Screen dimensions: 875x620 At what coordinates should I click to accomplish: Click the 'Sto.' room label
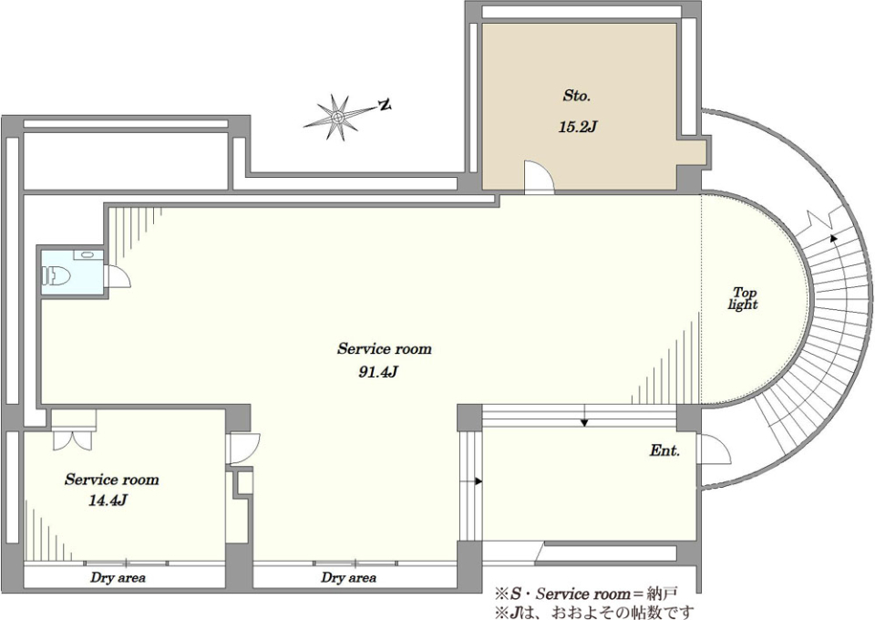[x=576, y=96]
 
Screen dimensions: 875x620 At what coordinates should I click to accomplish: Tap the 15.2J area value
[x=578, y=128]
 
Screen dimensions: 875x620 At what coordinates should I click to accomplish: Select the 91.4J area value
[x=377, y=372]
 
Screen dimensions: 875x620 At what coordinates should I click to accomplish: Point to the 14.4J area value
[x=108, y=500]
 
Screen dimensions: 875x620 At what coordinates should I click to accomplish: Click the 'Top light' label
[x=744, y=298]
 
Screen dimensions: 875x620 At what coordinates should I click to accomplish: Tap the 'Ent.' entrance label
[x=664, y=451]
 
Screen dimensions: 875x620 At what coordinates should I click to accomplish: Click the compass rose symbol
[x=337, y=118]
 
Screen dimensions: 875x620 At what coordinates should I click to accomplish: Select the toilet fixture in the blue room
[x=57, y=275]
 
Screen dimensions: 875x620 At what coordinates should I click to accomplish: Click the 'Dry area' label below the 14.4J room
[x=118, y=577]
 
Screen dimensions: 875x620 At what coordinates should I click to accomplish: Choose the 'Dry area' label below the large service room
[x=348, y=577]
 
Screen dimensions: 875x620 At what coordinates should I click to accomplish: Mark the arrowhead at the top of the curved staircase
[x=834, y=238]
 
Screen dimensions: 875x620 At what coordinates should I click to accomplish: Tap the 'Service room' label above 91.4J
[x=385, y=349]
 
